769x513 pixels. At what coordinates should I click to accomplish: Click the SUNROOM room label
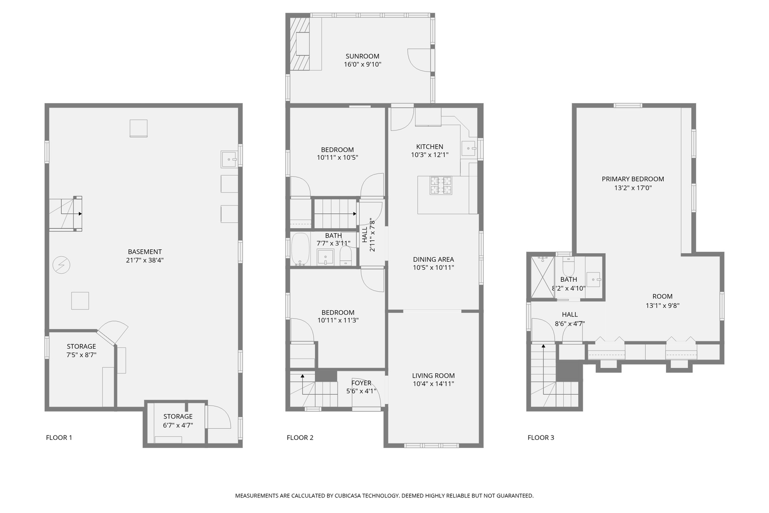[x=362, y=56]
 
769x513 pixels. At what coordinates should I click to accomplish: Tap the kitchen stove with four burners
[x=441, y=185]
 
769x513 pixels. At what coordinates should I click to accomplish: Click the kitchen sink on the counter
[x=469, y=149]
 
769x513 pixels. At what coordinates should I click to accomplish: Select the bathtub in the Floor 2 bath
[x=300, y=249]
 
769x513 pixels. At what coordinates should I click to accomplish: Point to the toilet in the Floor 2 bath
[x=346, y=256]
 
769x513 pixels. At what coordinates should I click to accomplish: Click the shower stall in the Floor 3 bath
[x=542, y=277]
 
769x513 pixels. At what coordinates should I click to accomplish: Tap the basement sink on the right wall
[x=229, y=159]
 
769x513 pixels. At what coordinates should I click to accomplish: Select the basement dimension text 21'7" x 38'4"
[x=145, y=260]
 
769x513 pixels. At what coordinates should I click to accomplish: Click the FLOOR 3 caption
[x=541, y=437]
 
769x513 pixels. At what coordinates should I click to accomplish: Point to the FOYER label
[x=361, y=383]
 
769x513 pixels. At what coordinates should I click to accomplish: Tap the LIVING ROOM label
[x=433, y=375]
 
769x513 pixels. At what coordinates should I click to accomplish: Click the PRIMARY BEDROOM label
[x=632, y=179]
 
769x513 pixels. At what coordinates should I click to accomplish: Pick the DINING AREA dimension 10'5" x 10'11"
[x=433, y=267]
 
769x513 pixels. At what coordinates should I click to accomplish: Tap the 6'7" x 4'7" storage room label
[x=178, y=425]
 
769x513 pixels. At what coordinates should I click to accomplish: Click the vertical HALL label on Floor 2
[x=365, y=235]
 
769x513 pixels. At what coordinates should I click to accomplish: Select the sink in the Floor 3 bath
[x=593, y=279]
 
